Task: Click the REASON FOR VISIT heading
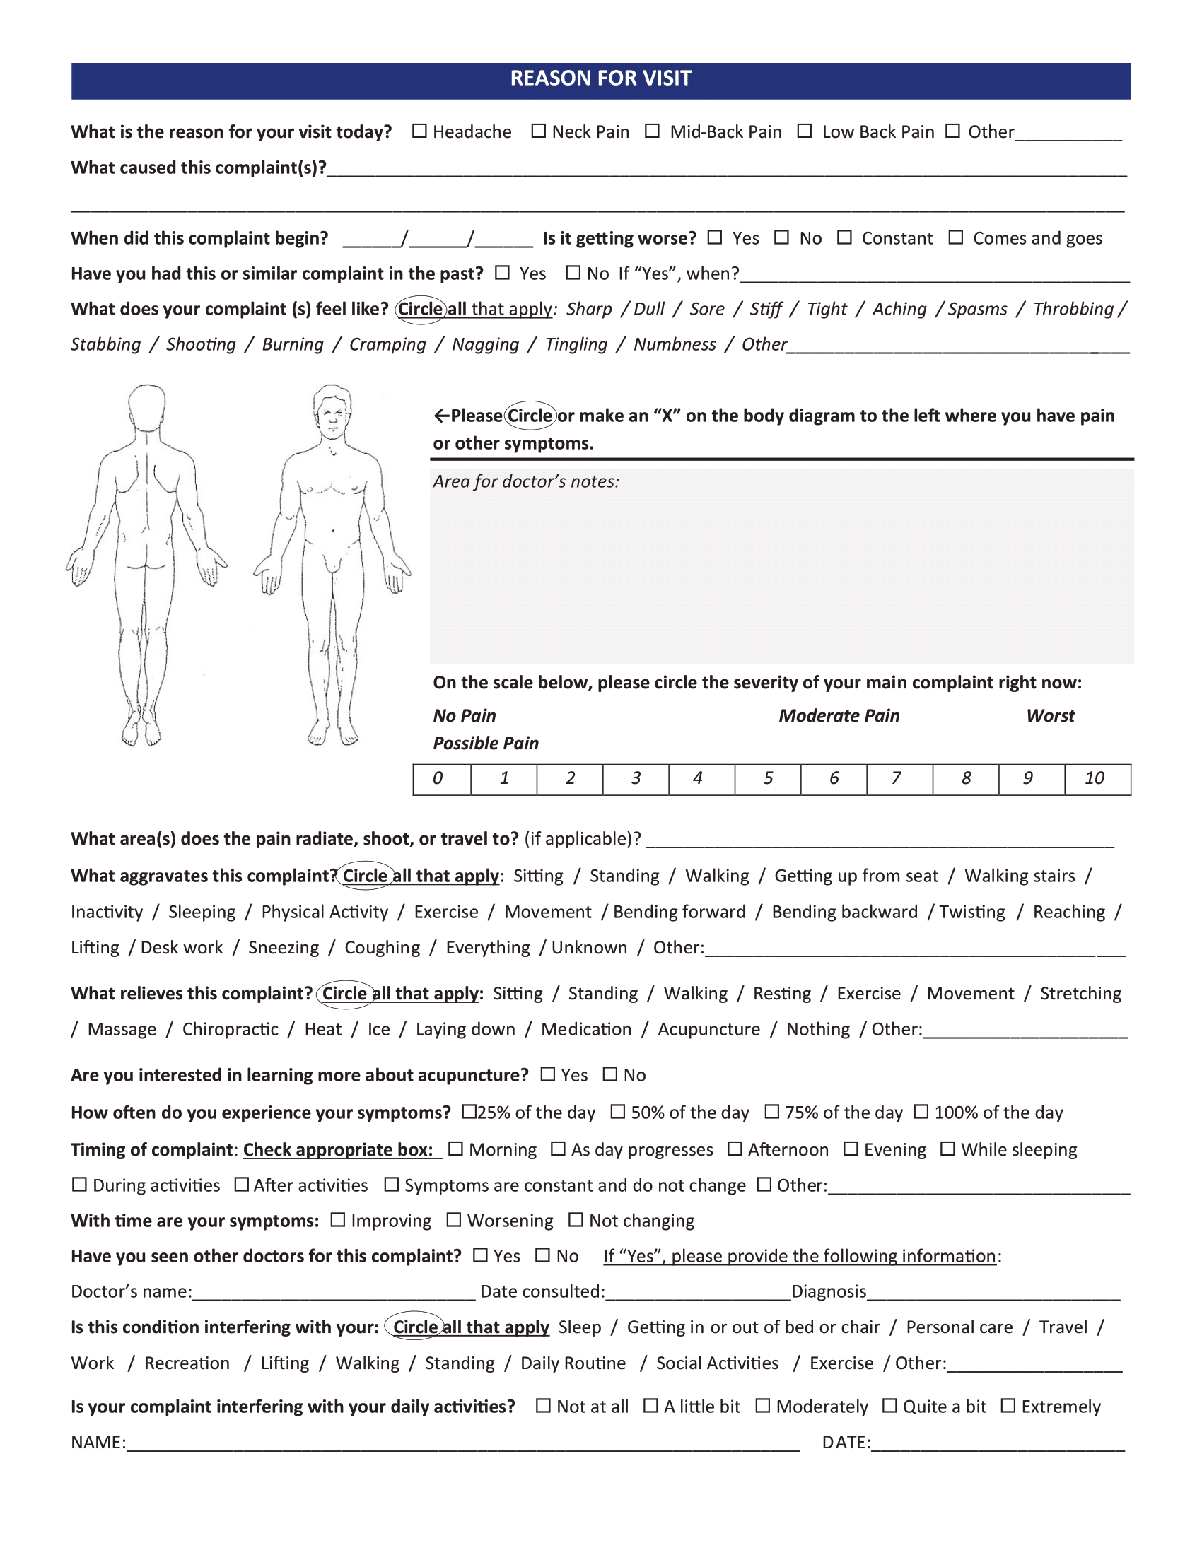tap(600, 78)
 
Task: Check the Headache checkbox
tap(419, 131)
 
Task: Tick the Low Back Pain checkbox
tap(804, 131)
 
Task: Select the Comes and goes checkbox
tap(956, 237)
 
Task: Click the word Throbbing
tap(1073, 309)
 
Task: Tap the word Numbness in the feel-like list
tap(675, 345)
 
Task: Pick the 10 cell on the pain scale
tap(1097, 779)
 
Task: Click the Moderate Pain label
tap(839, 715)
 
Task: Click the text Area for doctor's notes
tap(525, 481)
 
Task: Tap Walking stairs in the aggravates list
tap(1019, 876)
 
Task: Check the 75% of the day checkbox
tap(771, 1111)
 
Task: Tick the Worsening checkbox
tap(454, 1221)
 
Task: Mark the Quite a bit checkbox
tap(889, 1405)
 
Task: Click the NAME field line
tap(463, 1444)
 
